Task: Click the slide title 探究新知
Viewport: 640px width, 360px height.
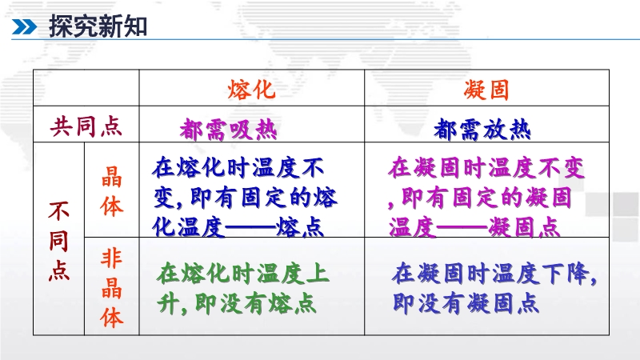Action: tap(98, 26)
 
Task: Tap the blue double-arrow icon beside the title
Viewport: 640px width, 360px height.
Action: tap(24, 27)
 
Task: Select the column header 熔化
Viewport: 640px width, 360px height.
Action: tap(251, 90)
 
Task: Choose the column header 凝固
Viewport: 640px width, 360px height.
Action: tap(486, 90)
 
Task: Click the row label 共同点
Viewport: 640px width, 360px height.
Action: tap(86, 126)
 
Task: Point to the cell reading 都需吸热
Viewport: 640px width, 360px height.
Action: tap(229, 130)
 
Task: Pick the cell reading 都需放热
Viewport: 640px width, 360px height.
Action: tap(482, 130)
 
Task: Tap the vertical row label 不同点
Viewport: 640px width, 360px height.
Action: tap(58, 241)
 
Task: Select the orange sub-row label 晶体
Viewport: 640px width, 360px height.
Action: tap(111, 191)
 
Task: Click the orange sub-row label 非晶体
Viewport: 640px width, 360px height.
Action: tap(111, 288)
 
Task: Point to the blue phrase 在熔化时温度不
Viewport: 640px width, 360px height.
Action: tap(238, 168)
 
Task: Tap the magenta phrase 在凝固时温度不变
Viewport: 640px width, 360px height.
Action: tap(486, 168)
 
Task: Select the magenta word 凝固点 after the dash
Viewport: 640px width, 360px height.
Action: tap(524, 227)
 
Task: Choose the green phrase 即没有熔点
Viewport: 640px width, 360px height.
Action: tap(255, 304)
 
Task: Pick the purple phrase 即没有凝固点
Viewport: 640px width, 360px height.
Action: tap(466, 304)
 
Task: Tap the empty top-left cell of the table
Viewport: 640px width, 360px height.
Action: tap(86, 88)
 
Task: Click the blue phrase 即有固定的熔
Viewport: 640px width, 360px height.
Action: tap(264, 198)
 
